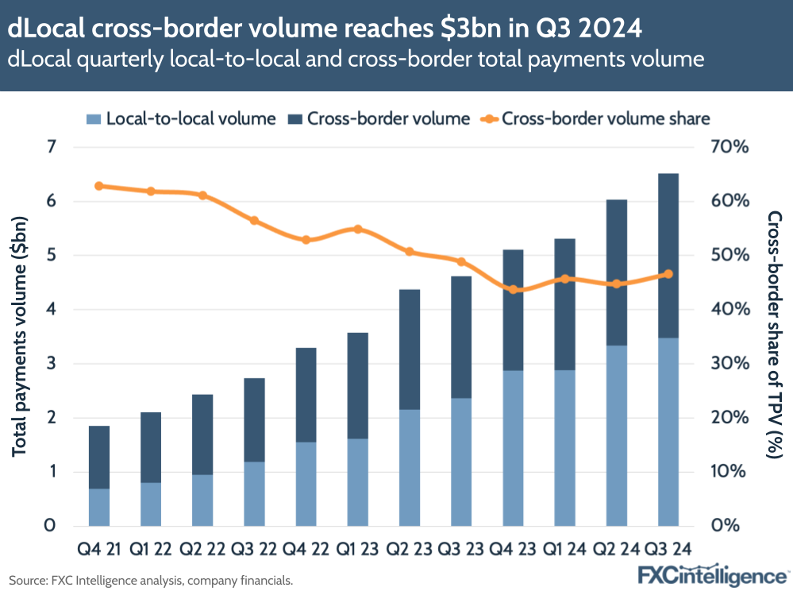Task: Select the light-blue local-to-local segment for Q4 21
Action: (99, 507)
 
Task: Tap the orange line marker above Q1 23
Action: (357, 229)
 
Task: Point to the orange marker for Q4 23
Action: (513, 289)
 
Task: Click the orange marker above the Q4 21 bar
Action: (99, 186)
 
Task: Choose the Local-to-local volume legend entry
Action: (181, 119)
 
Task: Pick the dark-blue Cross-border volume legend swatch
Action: (295, 119)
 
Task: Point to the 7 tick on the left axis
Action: (52, 147)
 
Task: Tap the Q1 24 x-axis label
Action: (564, 548)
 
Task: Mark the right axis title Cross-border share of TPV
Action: (773, 334)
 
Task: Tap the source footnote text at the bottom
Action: (151, 581)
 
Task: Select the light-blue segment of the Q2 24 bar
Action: (616, 435)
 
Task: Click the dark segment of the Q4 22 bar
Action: (306, 395)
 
